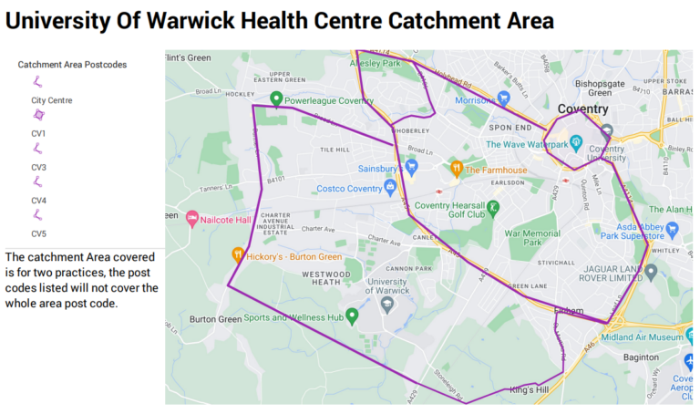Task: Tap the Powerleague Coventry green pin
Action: [276, 99]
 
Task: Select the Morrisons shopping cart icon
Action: [503, 99]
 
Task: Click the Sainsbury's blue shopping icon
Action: [411, 168]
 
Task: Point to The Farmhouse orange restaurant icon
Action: [456, 169]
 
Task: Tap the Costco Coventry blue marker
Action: [390, 188]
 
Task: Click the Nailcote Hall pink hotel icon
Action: [191, 219]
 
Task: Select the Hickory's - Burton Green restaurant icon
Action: [237, 256]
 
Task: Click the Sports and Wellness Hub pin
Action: [352, 316]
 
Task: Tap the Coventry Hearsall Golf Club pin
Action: [493, 209]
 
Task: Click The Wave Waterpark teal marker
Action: [576, 143]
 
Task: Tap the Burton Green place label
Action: [214, 320]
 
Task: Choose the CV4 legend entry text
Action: [39, 201]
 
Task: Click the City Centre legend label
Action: [51, 100]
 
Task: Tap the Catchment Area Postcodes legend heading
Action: [72, 65]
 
